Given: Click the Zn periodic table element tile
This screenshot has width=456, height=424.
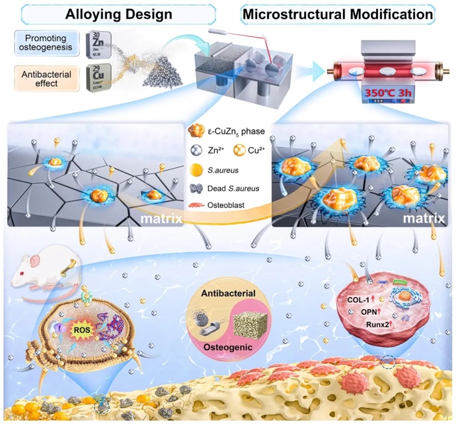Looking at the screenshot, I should [x=100, y=44].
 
